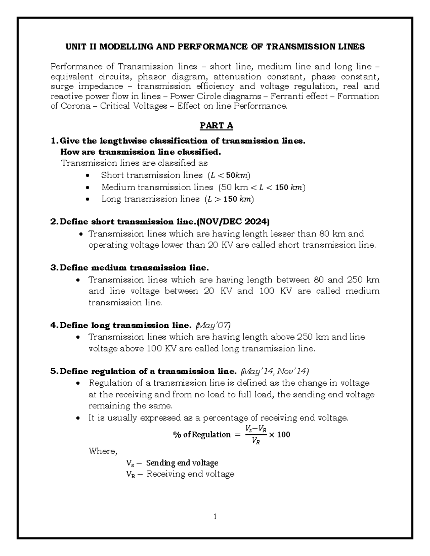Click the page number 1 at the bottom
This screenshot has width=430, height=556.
pos(215,516)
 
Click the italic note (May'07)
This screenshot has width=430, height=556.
pos(214,325)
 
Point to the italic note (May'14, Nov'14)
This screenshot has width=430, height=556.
pos(275,371)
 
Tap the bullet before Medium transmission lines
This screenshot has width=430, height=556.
pos(88,188)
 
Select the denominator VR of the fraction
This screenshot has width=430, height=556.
pos(256,441)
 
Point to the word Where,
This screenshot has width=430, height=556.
pos(103,451)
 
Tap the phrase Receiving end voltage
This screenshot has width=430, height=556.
pos(190,474)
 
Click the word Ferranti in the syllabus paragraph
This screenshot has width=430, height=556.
pos(314,96)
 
